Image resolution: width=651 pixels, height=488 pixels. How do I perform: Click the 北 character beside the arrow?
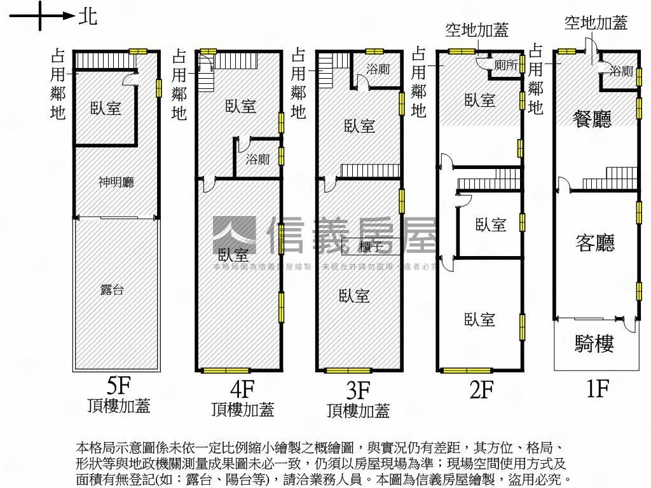coord(88,16)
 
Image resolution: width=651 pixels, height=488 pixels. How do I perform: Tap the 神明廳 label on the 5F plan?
coord(116,182)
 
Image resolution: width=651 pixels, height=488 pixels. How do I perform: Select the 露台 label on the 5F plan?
coord(112,290)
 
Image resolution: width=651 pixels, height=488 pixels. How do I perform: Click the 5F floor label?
coord(119,386)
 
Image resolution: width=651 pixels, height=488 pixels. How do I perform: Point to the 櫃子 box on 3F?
coord(371,247)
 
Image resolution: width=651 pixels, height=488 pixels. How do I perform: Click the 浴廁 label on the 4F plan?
coord(257,159)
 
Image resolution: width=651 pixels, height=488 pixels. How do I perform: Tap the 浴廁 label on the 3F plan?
coord(378,69)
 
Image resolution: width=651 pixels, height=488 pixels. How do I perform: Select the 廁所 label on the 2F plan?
coord(505,65)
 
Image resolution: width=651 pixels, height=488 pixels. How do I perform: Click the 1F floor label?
coord(597,388)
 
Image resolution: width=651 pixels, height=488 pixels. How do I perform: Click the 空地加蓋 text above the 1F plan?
coord(596,24)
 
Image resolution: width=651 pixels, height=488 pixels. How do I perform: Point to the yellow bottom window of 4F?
coord(226,370)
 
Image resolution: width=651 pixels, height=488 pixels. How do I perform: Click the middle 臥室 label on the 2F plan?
coord(490,224)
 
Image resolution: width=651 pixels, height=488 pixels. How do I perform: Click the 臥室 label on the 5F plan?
coord(106,108)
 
